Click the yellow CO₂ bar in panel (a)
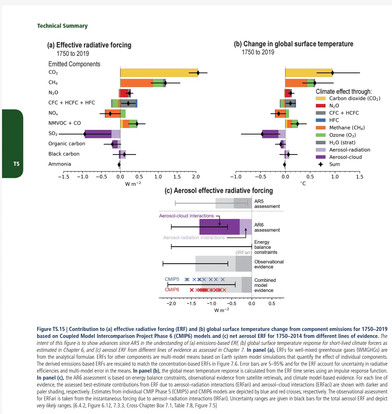(156, 73)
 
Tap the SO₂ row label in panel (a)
(53, 133)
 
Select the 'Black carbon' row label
(64, 154)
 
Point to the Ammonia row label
(60, 164)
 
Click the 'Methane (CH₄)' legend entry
(347, 128)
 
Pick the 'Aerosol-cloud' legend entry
(345, 157)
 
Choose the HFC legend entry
(334, 120)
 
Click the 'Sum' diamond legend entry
(334, 164)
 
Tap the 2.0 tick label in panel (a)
(196, 177)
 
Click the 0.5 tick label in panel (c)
(272, 303)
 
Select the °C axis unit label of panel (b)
(303, 183)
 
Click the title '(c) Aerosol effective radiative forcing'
(219, 191)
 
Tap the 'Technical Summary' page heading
(62, 26)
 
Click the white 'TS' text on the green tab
(16, 164)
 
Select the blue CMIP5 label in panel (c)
(172, 279)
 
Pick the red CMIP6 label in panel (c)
(172, 290)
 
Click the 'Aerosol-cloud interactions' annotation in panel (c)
(186, 216)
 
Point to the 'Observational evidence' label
(269, 264)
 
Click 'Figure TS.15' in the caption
(51, 329)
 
